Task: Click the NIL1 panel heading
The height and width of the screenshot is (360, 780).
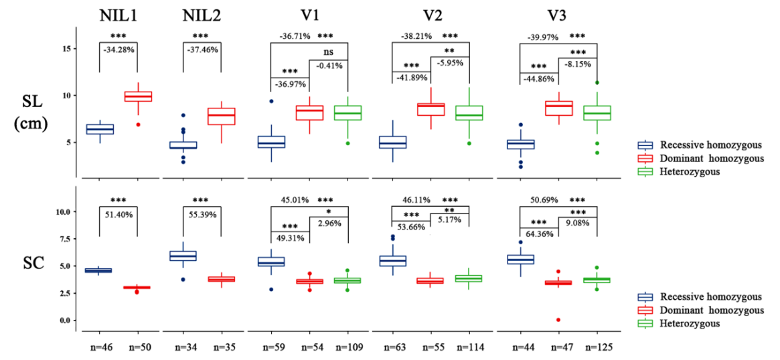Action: [x=118, y=15]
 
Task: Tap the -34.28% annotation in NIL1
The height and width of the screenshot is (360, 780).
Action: [x=119, y=50]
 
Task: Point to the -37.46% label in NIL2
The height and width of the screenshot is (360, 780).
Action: [x=202, y=50]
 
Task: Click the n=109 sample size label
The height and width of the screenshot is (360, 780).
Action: [x=347, y=348]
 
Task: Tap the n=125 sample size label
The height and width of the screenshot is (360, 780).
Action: [x=597, y=348]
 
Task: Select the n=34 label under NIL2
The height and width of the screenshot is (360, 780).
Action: [x=183, y=348]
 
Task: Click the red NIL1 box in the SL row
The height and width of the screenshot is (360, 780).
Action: [x=137, y=96]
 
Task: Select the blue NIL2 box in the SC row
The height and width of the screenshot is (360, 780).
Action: [x=183, y=255]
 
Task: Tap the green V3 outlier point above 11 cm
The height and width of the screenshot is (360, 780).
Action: [x=597, y=82]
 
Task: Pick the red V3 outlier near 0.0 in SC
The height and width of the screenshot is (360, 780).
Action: [x=558, y=320]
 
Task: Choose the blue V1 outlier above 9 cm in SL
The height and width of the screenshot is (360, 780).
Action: [x=272, y=101]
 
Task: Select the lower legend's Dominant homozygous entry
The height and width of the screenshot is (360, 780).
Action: [x=711, y=310]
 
